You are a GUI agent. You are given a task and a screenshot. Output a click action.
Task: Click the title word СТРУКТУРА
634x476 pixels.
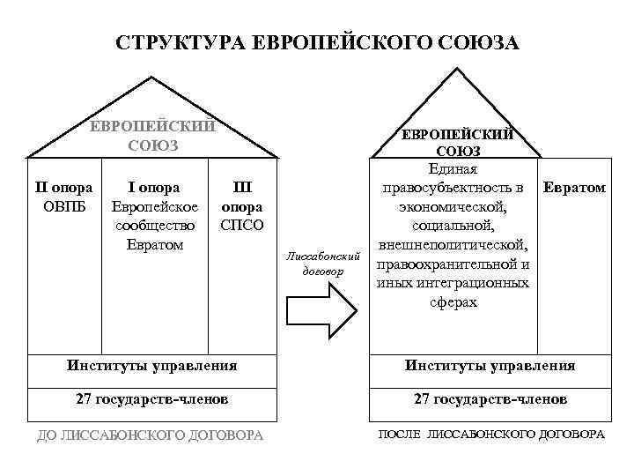(181, 42)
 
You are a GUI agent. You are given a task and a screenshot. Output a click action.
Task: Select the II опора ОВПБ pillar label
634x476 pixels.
(63, 197)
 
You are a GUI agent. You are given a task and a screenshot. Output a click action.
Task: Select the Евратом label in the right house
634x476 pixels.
(574, 188)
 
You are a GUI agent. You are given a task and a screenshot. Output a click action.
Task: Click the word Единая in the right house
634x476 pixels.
(453, 169)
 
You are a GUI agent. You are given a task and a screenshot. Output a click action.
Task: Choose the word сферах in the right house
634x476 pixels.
(453, 302)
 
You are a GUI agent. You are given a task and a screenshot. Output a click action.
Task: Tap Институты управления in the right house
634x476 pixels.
(490, 365)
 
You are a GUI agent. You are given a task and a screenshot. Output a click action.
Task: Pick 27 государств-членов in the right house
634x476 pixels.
(490, 399)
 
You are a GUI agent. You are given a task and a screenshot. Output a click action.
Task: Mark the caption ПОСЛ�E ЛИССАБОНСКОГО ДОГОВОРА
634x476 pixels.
(491, 435)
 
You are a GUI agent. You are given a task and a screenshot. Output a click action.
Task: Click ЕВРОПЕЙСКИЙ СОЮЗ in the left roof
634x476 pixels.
(153, 136)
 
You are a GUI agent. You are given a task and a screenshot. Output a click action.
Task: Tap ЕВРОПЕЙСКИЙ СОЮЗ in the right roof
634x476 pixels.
(458, 143)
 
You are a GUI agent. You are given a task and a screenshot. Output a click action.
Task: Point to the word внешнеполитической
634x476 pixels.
(453, 245)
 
